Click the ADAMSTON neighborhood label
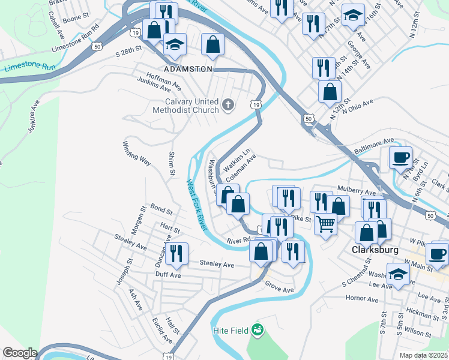coord(188,69)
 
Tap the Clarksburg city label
coord(372,248)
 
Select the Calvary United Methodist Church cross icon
coord(228,106)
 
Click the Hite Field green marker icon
coord(258,329)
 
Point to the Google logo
coord(19,353)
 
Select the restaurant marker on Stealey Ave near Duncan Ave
coord(176,253)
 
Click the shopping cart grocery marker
coord(325,224)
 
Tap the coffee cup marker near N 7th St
coord(400,157)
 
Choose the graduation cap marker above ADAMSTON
coord(175,43)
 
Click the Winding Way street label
coord(136,153)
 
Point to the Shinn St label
coord(171,163)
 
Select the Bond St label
coord(161,211)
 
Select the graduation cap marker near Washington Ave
coord(398,274)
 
